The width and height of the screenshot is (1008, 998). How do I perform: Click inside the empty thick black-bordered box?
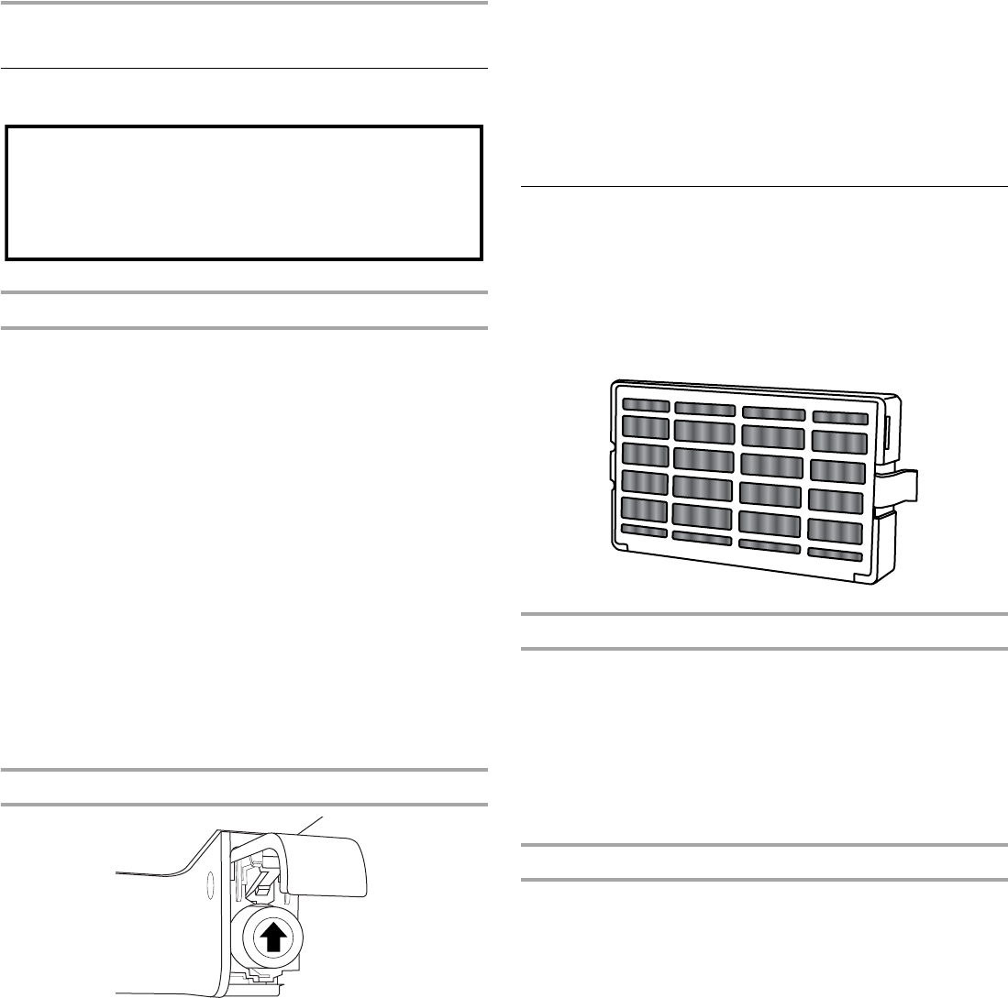[244, 193]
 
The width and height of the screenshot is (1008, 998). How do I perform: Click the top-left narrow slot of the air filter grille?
[645, 405]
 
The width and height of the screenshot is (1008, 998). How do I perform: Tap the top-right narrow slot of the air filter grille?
[838, 417]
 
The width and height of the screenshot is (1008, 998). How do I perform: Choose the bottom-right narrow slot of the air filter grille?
[835, 554]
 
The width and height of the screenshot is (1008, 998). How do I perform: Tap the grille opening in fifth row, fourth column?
[836, 530]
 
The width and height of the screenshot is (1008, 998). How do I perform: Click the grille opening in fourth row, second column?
[703, 487]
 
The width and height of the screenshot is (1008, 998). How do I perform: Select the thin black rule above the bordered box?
[244, 68]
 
